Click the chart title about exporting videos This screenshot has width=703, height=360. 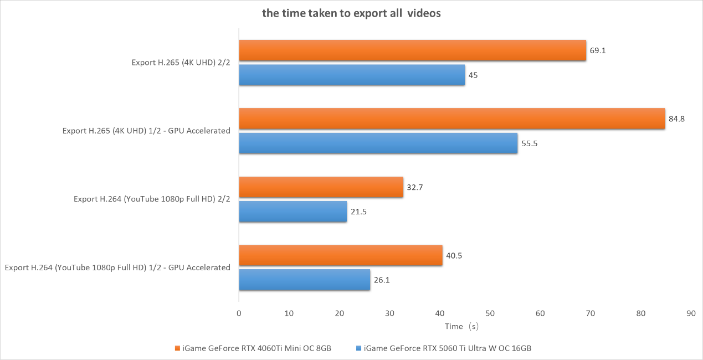point(351,14)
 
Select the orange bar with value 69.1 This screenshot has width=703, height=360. point(412,50)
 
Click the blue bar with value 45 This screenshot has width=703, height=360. point(352,75)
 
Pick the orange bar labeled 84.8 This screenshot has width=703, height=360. point(451,119)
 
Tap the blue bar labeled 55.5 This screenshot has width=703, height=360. point(378,143)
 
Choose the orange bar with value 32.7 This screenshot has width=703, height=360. point(321,187)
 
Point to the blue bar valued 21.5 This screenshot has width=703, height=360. point(293,212)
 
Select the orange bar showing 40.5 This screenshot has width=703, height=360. point(341,255)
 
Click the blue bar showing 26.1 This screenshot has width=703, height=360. point(304,280)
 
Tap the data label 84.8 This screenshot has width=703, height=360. point(676,119)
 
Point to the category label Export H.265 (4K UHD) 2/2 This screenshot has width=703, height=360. point(181,63)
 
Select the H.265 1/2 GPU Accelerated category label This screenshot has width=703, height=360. point(146,131)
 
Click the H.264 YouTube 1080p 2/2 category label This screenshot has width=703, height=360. point(152,199)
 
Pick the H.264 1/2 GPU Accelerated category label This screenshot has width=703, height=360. point(117,268)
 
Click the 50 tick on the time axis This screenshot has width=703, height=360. point(490,313)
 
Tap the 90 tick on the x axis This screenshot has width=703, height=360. point(691,313)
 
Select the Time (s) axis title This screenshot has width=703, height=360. point(461,327)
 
